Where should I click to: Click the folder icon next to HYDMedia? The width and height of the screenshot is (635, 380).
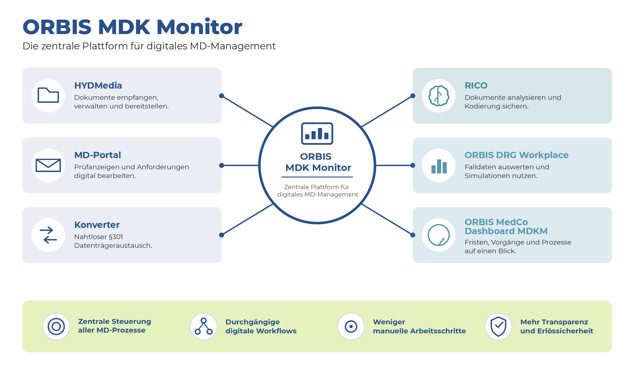(48, 95)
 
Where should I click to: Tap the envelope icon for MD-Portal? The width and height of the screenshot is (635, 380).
(48, 165)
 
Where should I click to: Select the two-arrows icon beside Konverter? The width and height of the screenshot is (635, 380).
(48, 235)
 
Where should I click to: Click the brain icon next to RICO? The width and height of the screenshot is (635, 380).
(439, 96)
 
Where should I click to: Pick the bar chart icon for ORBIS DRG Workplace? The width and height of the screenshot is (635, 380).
(439, 166)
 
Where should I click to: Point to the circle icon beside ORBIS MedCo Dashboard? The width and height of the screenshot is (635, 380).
(439, 235)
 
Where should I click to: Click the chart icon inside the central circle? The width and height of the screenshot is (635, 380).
(317, 133)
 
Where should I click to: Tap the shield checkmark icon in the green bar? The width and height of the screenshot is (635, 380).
(498, 326)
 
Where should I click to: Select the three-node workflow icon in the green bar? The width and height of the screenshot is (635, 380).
(204, 326)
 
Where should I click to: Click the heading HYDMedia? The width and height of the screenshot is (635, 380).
(98, 86)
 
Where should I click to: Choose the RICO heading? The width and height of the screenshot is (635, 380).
(476, 86)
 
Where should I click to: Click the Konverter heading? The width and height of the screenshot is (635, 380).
(97, 225)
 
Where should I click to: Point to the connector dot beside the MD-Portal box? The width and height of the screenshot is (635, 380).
(222, 165)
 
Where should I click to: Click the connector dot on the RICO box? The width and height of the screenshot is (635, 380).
(413, 96)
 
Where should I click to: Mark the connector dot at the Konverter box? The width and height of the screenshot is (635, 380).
(222, 235)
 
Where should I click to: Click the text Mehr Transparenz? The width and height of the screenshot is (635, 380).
(554, 322)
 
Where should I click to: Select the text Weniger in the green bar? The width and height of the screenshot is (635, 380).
(389, 322)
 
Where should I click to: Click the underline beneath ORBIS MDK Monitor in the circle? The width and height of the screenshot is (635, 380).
(317, 177)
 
